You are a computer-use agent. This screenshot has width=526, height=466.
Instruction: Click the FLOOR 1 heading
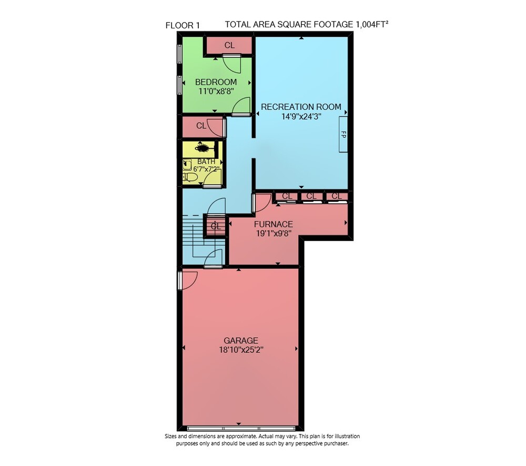coord(183,25)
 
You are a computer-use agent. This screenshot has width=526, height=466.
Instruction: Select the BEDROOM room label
coord(216,82)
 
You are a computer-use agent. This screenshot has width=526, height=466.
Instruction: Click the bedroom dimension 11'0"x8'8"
coord(216,91)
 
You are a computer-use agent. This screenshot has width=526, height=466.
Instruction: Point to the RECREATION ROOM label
coord(301,107)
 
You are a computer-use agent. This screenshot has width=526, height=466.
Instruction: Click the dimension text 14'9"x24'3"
coord(301,116)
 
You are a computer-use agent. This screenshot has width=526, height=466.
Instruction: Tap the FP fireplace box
coord(343,134)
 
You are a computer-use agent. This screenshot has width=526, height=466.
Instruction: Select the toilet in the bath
coord(190,177)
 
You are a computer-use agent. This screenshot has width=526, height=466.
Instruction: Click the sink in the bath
coord(187,165)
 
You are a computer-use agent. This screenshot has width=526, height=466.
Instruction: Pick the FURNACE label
coord(274,224)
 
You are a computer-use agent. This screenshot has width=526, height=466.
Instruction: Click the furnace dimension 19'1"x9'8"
coord(274,233)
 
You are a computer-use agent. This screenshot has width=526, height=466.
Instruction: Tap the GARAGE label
coord(241,340)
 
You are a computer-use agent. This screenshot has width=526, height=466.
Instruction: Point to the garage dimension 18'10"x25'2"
coord(241,350)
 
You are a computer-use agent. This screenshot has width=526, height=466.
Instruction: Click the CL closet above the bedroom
coord(229,45)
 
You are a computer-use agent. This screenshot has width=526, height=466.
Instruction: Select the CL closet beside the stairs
coord(216,227)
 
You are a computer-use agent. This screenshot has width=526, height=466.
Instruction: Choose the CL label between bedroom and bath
coord(201,126)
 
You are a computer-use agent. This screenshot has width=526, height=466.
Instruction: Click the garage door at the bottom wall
coord(241,428)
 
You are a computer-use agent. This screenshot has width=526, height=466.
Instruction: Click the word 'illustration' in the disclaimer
coord(345,436)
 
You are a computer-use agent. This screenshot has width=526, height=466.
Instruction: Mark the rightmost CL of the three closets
coord(337,196)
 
